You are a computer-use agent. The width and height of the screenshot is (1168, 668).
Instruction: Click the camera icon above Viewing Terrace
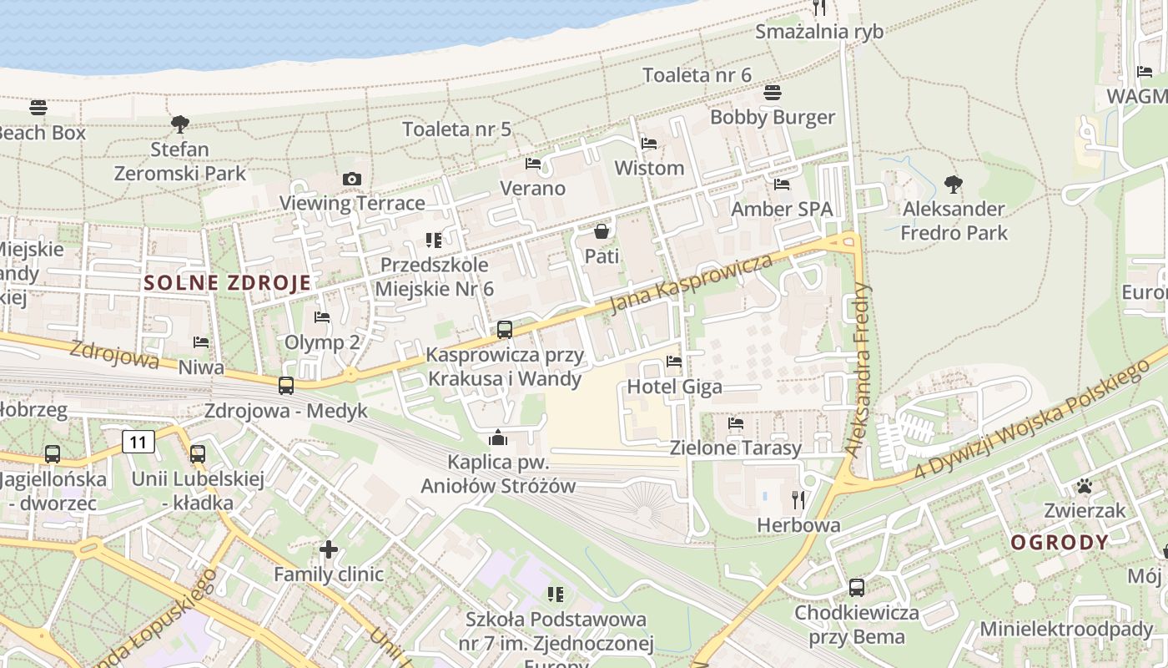pyautogui.click(x=352, y=179)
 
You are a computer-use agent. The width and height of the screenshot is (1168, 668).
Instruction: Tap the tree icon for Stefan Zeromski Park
pyautogui.click(x=179, y=125)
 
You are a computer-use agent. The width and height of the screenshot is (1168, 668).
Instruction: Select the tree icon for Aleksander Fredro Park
pyautogui.click(x=954, y=185)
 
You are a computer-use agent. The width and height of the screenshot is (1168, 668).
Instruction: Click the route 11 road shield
pyautogui.click(x=138, y=441)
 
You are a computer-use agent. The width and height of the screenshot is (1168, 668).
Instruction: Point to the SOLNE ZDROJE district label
pyautogui.click(x=227, y=282)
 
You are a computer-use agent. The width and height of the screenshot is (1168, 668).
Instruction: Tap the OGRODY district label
pyautogui.click(x=1060, y=542)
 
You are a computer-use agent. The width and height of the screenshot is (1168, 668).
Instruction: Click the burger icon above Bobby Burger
pyautogui.click(x=773, y=93)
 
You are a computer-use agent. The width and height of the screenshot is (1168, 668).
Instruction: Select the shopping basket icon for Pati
pyautogui.click(x=602, y=231)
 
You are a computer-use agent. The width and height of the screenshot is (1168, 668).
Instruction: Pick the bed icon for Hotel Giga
pyautogui.click(x=674, y=362)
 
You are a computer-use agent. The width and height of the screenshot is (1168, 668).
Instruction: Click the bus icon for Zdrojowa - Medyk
pyautogui.click(x=286, y=386)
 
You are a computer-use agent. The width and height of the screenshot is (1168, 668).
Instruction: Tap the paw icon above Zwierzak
pyautogui.click(x=1085, y=486)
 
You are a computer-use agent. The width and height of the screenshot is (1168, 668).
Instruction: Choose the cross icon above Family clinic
pyautogui.click(x=329, y=549)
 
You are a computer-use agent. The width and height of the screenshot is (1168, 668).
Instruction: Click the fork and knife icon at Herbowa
pyautogui.click(x=798, y=500)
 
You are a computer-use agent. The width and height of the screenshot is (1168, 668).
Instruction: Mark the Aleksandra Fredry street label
pyautogui.click(x=858, y=369)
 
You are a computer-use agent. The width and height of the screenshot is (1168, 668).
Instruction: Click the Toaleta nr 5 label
pyautogui.click(x=456, y=129)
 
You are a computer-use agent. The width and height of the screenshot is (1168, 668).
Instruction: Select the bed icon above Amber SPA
pyautogui.click(x=782, y=185)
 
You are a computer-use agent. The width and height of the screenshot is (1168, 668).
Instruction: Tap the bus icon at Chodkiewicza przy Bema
pyautogui.click(x=856, y=588)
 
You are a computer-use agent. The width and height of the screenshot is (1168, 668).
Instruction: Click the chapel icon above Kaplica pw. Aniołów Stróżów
pyautogui.click(x=498, y=438)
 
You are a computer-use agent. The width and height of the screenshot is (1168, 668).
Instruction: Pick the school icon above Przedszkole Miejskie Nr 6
pyautogui.click(x=434, y=240)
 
